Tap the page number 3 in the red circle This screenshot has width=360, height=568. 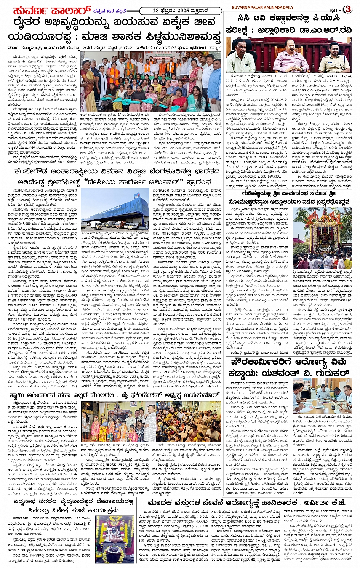click(x=347, y=10)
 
